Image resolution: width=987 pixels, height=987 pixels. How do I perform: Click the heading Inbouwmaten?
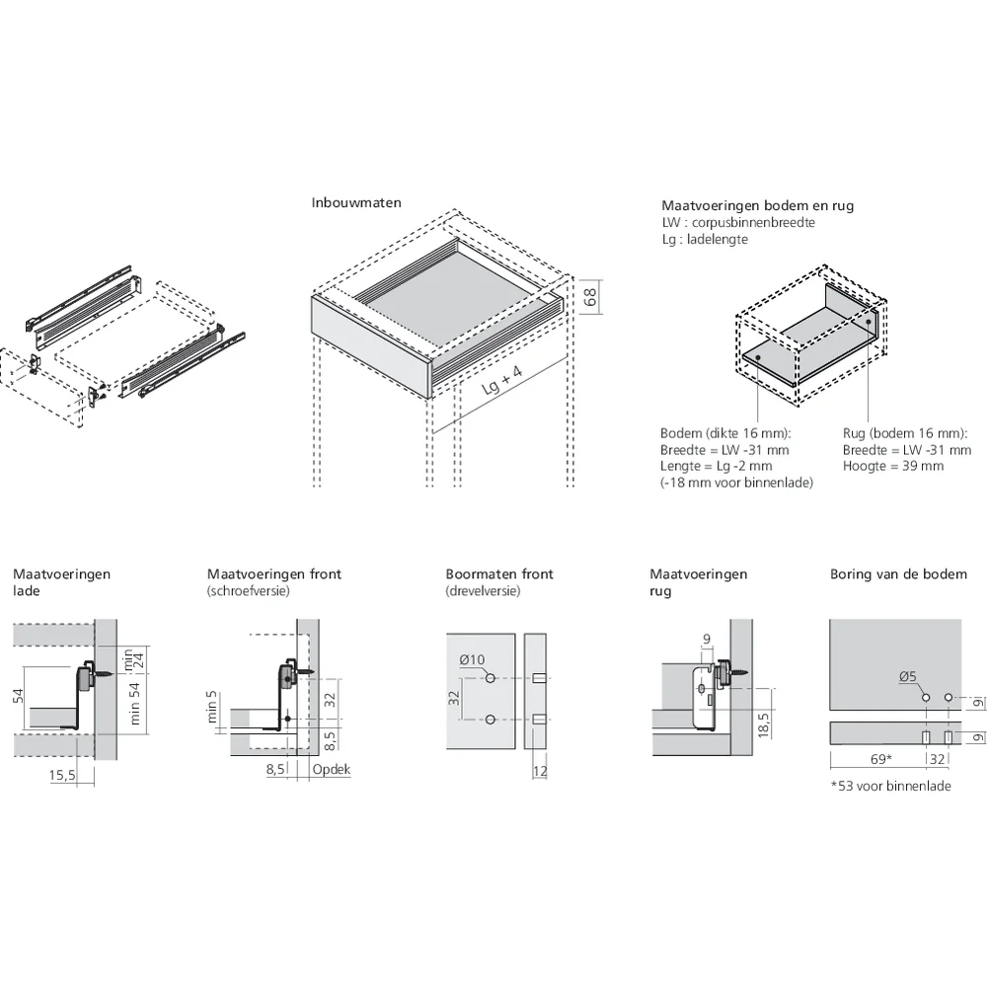point(356,203)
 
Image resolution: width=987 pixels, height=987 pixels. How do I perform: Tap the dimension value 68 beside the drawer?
point(590,296)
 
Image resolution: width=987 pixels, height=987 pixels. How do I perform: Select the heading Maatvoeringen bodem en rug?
point(757,206)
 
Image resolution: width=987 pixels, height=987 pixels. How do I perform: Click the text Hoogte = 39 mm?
point(892,466)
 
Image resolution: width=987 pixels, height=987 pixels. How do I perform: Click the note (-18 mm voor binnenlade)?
point(736,483)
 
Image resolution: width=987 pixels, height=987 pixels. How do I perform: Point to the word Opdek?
point(331,770)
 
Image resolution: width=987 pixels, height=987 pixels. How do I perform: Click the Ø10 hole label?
point(473,659)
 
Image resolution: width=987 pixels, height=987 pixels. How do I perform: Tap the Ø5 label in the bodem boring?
point(909,676)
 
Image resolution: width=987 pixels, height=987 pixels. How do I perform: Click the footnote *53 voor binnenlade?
point(890,787)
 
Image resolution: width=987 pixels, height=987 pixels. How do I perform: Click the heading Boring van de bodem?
point(898,574)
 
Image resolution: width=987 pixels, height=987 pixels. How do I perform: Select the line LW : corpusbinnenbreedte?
point(738,223)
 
